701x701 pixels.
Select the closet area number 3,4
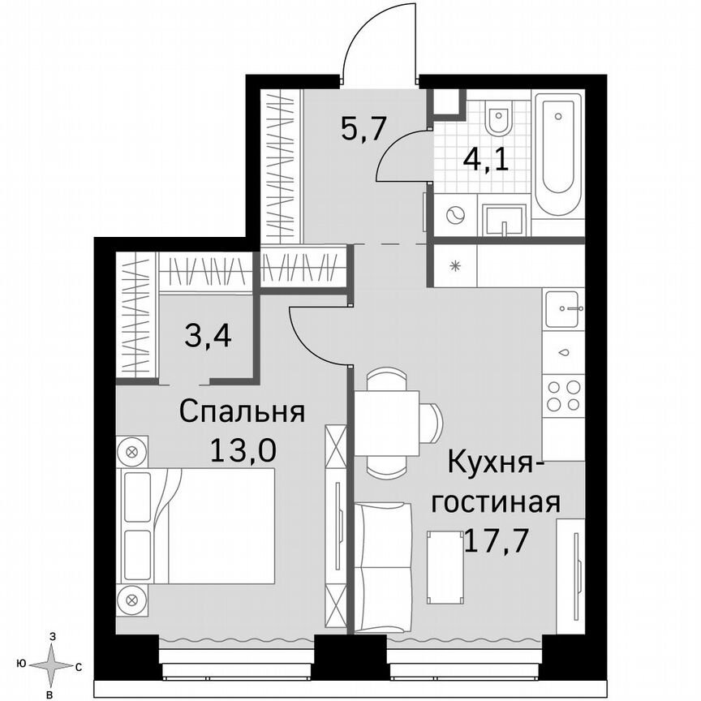click(x=208, y=333)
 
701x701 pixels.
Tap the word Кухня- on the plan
click(x=490, y=467)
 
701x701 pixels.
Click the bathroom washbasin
click(x=504, y=218)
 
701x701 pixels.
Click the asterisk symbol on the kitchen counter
click(x=454, y=265)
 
